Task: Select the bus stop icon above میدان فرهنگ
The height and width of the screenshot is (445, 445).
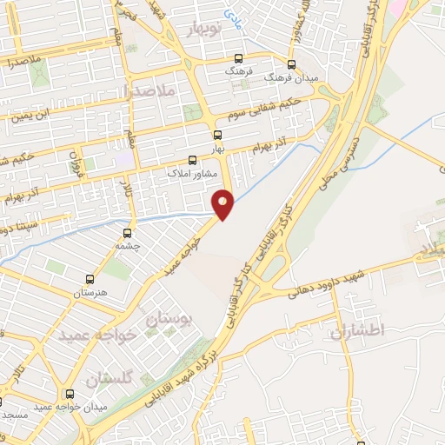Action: [x=290, y=63]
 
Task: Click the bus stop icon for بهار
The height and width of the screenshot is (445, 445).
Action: [x=217, y=135]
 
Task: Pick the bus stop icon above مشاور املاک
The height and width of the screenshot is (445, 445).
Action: [x=193, y=160]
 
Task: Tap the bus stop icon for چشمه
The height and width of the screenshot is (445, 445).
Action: [x=128, y=233]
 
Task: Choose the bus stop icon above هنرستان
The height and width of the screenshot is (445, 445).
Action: [x=90, y=280]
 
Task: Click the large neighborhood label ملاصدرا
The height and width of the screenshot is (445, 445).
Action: [x=150, y=90]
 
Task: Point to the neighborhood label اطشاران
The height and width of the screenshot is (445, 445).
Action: [x=355, y=330]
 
